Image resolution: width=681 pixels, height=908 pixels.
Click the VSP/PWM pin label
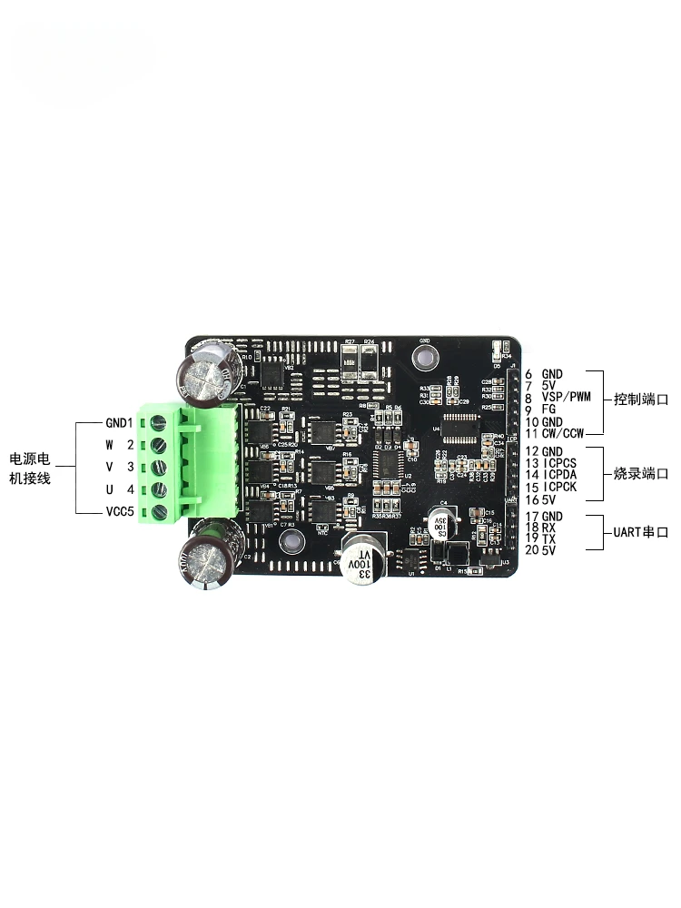[x=566, y=398]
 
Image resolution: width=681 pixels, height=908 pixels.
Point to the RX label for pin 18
[x=548, y=528]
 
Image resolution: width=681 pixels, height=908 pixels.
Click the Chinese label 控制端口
[x=640, y=399]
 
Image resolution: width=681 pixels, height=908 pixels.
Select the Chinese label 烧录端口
[x=640, y=474]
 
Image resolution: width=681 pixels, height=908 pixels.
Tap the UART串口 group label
[x=639, y=533]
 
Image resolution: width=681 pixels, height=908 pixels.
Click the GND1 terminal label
[x=119, y=422]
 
